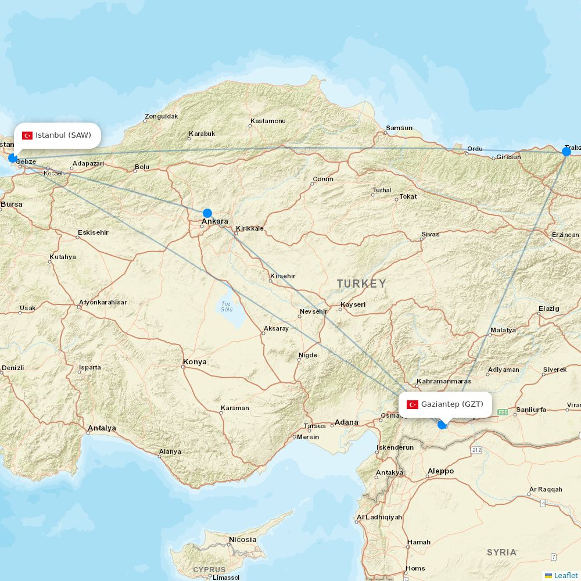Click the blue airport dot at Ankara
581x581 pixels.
tap(207, 213)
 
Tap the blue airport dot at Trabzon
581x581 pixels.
tap(566, 152)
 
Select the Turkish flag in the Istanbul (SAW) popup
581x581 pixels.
tap(27, 135)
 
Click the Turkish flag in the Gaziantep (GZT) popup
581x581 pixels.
tap(413, 404)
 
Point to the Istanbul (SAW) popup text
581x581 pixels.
tap(63, 135)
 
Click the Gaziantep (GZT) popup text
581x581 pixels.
tap(452, 404)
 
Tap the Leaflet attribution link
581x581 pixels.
tap(565, 575)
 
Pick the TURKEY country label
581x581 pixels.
tap(361, 284)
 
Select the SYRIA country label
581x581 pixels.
tap(501, 552)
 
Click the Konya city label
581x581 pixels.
tap(195, 362)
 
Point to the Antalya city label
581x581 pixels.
tap(102, 428)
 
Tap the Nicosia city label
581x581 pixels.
tap(242, 540)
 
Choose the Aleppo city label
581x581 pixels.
tap(440, 471)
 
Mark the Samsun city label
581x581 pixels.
tap(400, 128)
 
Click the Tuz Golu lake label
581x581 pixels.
tap(226, 306)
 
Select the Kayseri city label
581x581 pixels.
tap(353, 304)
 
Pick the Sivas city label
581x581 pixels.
tap(431, 234)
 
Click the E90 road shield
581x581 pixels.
tap(503, 412)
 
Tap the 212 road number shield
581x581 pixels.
tap(477, 450)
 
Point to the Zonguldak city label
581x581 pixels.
tap(162, 116)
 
